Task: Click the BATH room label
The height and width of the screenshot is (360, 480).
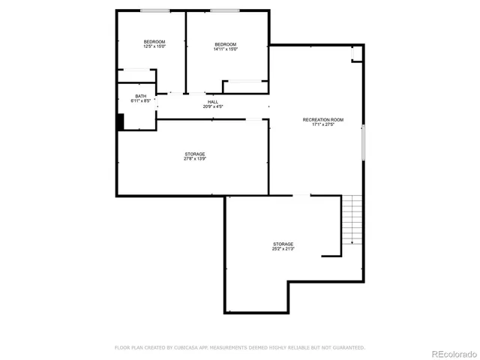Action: [141, 96]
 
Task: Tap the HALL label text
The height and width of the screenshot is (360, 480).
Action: [213, 101]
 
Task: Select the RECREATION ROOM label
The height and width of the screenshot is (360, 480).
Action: [322, 120]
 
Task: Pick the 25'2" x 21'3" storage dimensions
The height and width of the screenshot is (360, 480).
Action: [283, 248]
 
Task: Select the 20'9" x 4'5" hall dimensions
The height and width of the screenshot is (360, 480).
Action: [213, 106]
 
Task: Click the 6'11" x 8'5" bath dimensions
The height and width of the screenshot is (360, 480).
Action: [141, 101]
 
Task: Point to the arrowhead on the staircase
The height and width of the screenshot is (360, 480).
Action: [352, 243]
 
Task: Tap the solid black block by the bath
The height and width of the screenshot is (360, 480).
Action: [120, 121]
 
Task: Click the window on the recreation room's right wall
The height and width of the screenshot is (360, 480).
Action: [364, 142]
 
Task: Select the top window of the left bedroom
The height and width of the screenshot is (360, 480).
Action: [154, 10]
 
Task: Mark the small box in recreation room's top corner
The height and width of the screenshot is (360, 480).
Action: [357, 55]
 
